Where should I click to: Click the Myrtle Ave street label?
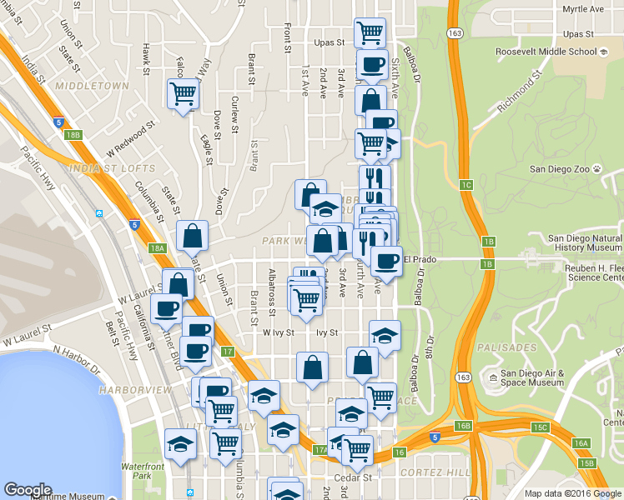(x=582, y=9)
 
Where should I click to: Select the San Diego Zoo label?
(x=566, y=168)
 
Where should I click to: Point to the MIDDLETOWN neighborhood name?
(x=92, y=86)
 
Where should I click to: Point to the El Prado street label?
(x=420, y=258)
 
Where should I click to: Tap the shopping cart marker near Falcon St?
(x=183, y=92)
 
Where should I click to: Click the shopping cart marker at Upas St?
(x=370, y=32)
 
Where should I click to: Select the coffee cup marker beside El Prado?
(x=386, y=261)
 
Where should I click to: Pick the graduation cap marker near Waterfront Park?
(x=179, y=444)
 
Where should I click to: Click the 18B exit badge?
(x=73, y=134)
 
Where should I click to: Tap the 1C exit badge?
(x=465, y=184)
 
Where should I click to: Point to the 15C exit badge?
(x=539, y=427)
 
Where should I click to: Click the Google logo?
(x=28, y=490)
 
